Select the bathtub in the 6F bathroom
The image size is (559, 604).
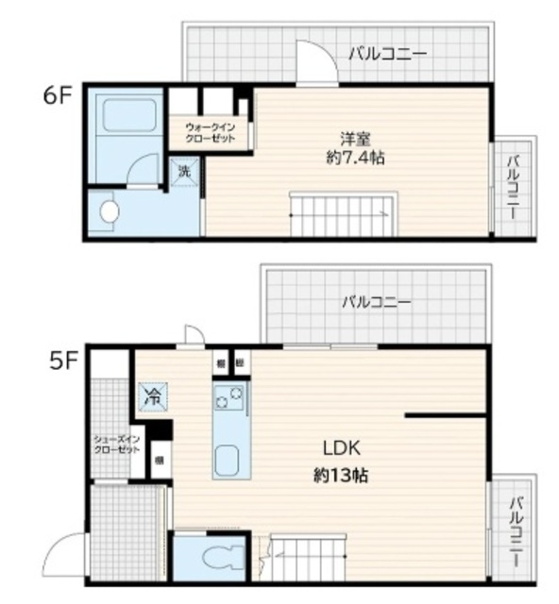tap(129, 116)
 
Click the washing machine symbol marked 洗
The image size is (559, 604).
tap(184, 173)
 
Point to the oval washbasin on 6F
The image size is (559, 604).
tap(110, 212)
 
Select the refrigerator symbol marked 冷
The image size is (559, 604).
tap(151, 397)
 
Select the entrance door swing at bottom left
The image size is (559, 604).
tap(68, 556)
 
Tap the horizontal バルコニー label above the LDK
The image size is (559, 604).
tap(376, 303)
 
